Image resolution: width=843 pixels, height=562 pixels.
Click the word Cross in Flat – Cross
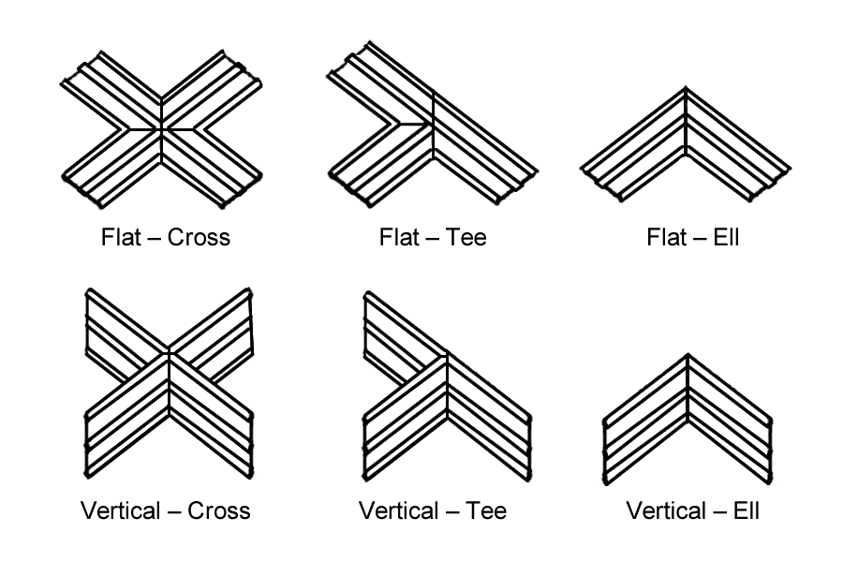point(199,237)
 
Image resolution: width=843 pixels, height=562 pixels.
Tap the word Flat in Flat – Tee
point(399,237)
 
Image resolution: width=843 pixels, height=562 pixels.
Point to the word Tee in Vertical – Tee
point(486,510)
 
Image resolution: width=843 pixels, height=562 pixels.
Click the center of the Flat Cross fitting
point(162,128)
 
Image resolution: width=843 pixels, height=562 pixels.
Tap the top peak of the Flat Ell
point(687,89)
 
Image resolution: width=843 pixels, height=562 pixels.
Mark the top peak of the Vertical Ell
point(688,355)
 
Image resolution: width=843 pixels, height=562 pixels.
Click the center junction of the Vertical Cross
point(169,354)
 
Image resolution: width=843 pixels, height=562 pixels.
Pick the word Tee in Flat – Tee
point(466,237)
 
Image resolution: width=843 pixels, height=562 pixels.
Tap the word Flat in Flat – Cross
point(122,237)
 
